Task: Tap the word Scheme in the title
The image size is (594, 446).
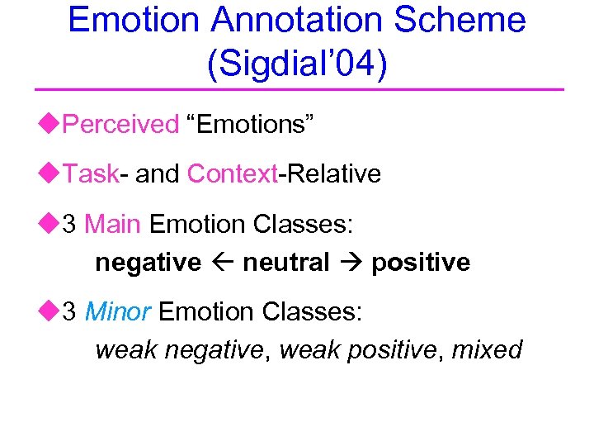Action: pyautogui.click(x=463, y=20)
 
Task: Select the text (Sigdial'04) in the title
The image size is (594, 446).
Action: pyautogui.click(x=297, y=65)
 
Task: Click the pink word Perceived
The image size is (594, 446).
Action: pyautogui.click(x=120, y=125)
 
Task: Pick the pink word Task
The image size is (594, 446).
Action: pyautogui.click(x=91, y=174)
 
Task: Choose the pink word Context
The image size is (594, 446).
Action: pyautogui.click(x=232, y=174)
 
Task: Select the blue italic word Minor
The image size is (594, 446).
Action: pyautogui.click(x=117, y=311)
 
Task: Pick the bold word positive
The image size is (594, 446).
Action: pyautogui.click(x=421, y=263)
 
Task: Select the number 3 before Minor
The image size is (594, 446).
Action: pyautogui.click(x=70, y=311)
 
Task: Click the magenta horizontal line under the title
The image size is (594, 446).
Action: pyautogui.click(x=297, y=89)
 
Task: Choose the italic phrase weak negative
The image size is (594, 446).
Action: pyautogui.click(x=181, y=350)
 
